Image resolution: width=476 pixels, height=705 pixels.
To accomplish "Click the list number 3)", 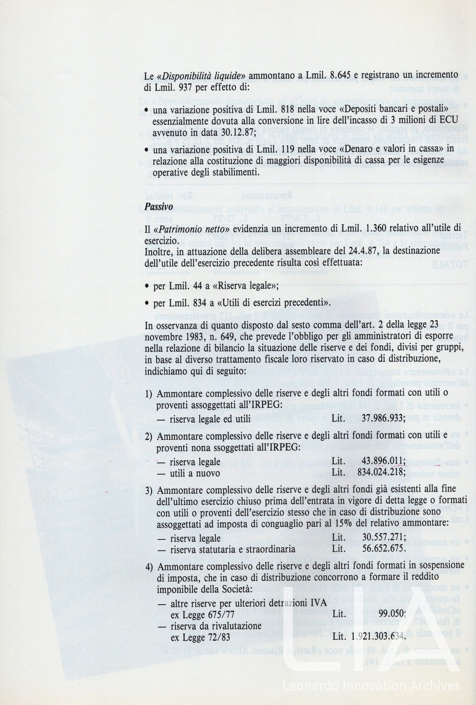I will click(149, 490).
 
